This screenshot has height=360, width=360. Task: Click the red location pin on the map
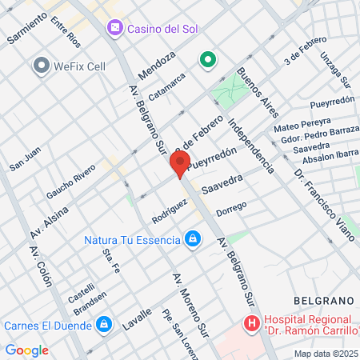pos(179,163)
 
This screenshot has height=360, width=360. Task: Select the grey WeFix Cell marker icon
pos(41,65)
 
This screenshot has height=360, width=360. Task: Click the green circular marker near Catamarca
pos(207,60)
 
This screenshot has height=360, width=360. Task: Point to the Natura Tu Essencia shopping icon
pos(192,238)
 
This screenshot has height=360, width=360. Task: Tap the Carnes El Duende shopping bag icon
pos(102,325)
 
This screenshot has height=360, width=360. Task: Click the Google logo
pos(26,350)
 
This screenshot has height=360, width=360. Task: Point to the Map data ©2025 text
pos(325,354)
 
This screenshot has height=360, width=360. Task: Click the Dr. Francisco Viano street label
pos(323,205)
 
